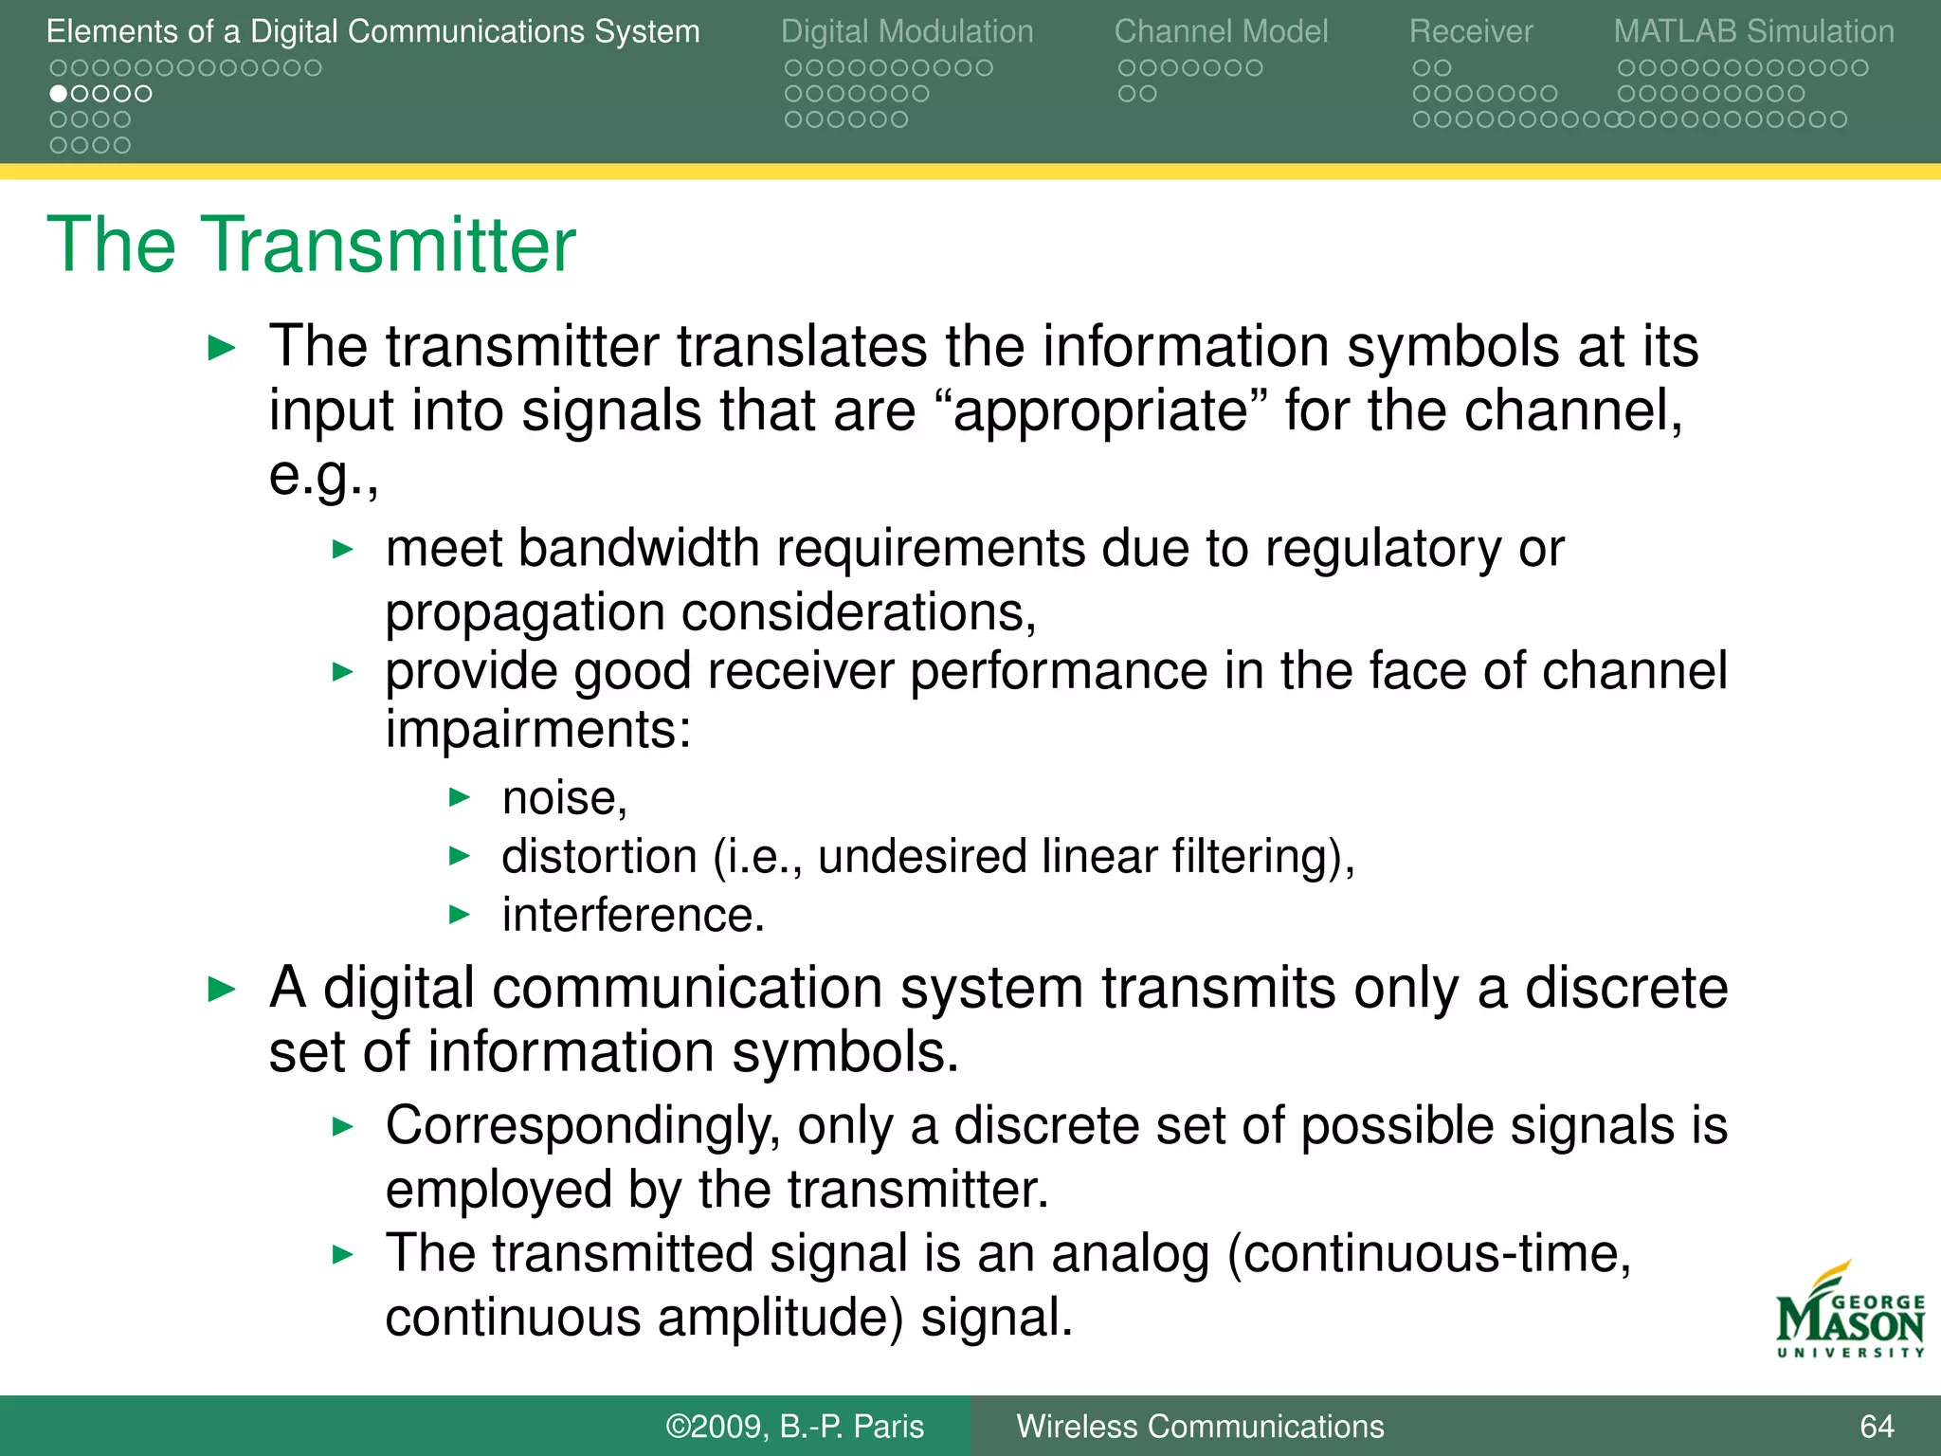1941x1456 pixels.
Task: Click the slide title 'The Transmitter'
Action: (311, 245)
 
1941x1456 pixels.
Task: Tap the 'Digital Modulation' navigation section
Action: (907, 31)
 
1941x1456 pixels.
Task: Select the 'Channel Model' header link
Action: (1221, 31)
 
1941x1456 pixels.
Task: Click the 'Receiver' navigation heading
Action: (1470, 31)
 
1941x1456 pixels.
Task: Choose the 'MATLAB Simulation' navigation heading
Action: (1753, 31)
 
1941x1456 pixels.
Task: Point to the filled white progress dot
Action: (59, 94)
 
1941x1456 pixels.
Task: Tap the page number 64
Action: (1877, 1426)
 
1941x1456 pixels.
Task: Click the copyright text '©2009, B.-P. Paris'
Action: (794, 1426)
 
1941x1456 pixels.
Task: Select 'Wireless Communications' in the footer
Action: (1200, 1426)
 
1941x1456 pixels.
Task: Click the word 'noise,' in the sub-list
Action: (565, 798)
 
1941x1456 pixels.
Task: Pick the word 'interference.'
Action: (633, 916)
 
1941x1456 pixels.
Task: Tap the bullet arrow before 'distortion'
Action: (460, 857)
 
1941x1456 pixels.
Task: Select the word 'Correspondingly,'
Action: (583, 1126)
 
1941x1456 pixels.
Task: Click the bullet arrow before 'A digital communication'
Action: (221, 990)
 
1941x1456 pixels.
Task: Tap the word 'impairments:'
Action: (538, 730)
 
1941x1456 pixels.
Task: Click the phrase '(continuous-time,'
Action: (1428, 1253)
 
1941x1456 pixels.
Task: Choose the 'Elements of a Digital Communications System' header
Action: (372, 31)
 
